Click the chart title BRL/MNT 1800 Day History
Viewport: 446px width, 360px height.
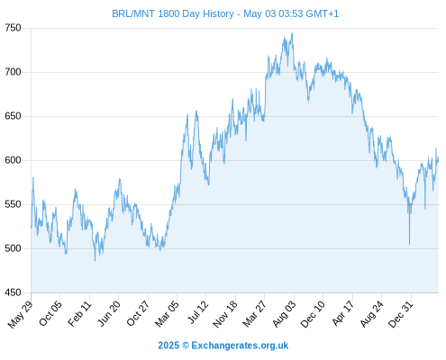point(173,13)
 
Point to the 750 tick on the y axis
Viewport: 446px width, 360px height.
point(13,28)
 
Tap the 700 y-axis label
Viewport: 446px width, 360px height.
point(13,72)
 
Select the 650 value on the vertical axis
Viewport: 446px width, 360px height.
point(13,116)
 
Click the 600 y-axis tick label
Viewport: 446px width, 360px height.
point(13,160)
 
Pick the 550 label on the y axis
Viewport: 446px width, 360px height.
point(13,204)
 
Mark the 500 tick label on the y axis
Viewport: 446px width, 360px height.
point(13,248)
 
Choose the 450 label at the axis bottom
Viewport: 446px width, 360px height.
point(13,292)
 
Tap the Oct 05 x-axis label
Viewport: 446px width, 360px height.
point(50,313)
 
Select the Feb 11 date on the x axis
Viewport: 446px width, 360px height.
point(79,313)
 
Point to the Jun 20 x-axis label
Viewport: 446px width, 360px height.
point(109,313)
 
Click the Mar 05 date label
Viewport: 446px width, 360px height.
point(167,313)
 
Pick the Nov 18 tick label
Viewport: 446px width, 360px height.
point(225,313)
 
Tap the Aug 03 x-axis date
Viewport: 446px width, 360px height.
point(284,313)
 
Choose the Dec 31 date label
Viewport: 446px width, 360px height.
point(401,313)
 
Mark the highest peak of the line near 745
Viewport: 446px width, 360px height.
point(292,33)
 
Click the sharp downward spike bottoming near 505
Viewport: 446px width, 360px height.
point(409,244)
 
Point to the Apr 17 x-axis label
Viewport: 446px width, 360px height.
point(342,313)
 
